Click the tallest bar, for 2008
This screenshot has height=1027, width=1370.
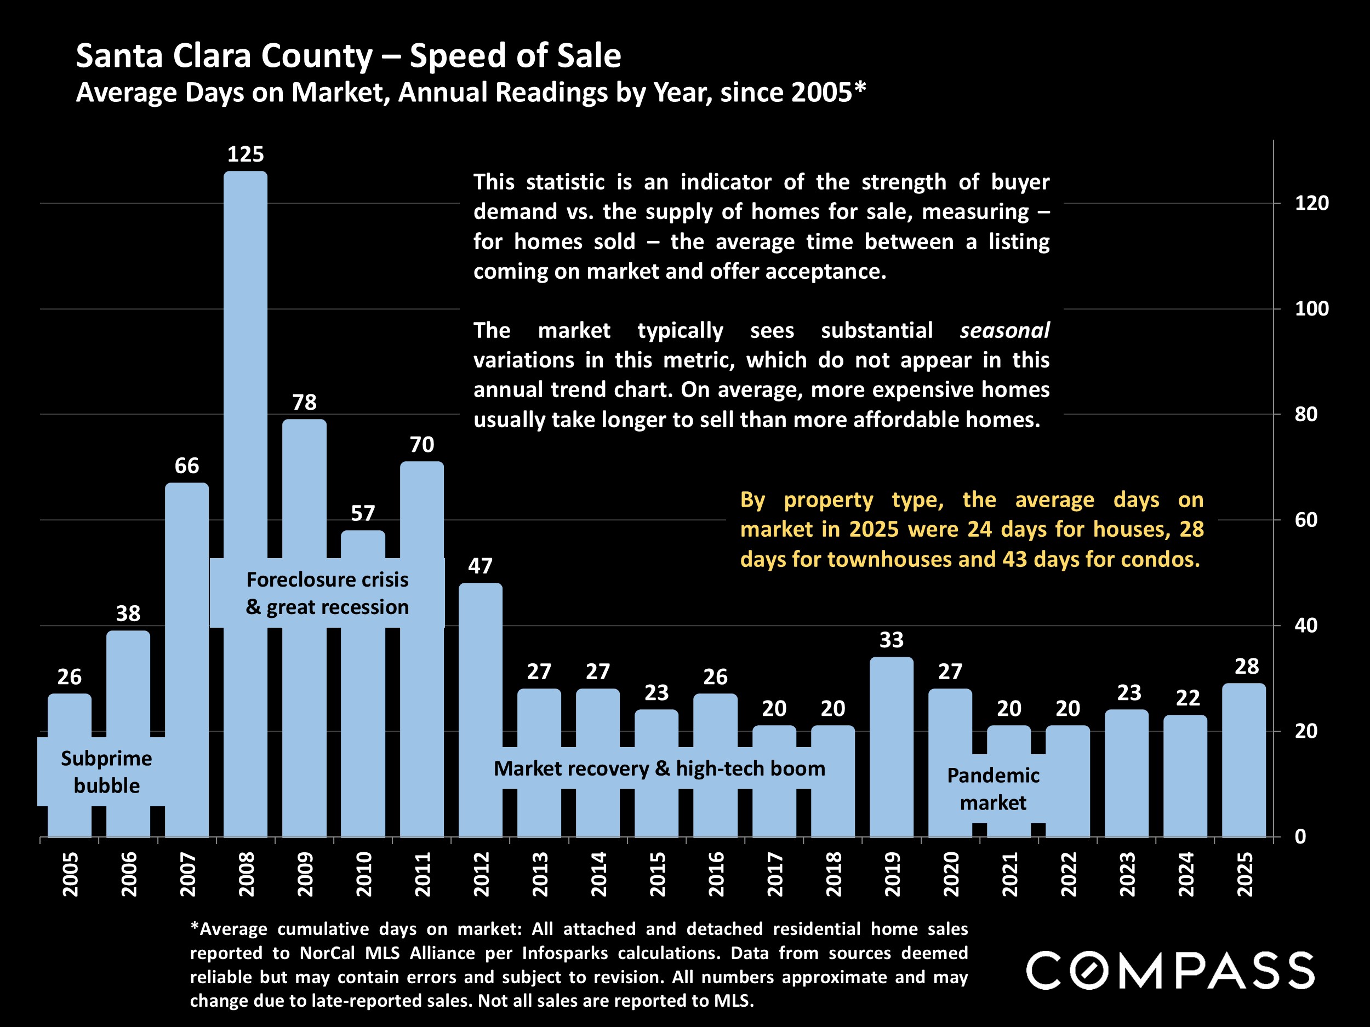pyautogui.click(x=246, y=371)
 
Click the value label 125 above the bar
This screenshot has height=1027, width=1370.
pyautogui.click(x=246, y=154)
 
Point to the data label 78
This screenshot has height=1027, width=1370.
pyautogui.click(x=304, y=403)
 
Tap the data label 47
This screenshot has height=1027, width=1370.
pyautogui.click(x=481, y=566)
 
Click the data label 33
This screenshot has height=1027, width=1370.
pyautogui.click(x=891, y=640)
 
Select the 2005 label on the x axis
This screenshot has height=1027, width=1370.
pyautogui.click(x=70, y=874)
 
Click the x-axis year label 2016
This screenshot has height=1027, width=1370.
pyautogui.click(x=716, y=874)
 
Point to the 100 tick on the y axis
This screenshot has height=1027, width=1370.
pyautogui.click(x=1311, y=308)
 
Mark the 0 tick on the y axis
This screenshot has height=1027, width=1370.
pyautogui.click(x=1300, y=836)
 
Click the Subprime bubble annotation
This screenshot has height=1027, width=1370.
pyautogui.click(x=106, y=771)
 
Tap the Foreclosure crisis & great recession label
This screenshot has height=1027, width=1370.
pyautogui.click(x=327, y=593)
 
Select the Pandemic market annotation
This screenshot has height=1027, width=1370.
pyautogui.click(x=993, y=789)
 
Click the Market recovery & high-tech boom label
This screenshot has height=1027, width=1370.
pyautogui.click(x=659, y=768)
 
